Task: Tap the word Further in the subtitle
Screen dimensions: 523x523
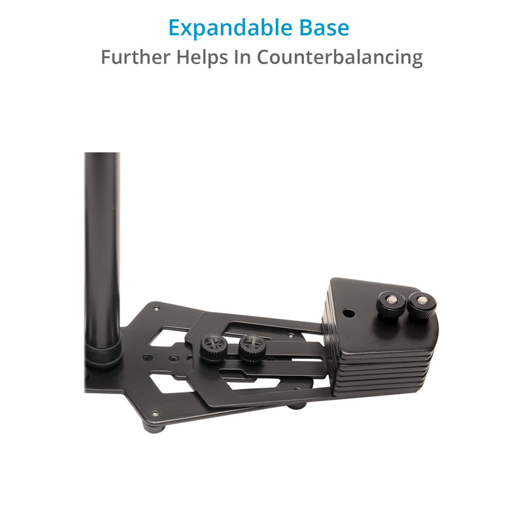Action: click(136, 57)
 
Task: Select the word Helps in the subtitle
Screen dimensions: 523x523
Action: click(203, 58)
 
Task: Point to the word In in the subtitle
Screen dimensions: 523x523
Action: click(243, 57)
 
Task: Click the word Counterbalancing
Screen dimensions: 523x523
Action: click(339, 58)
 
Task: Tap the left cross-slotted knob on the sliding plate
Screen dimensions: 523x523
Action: click(214, 348)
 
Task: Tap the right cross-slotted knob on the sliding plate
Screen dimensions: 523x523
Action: click(252, 348)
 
